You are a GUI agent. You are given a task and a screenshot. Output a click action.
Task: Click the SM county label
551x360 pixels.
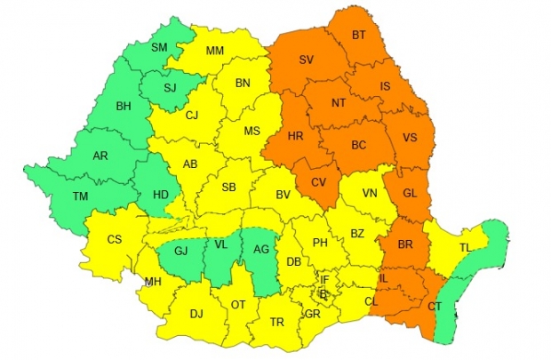[x=160, y=47]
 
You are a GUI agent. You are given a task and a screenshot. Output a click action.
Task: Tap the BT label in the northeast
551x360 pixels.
[x=359, y=35]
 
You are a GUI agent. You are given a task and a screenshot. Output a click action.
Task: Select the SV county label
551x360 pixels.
[x=307, y=60]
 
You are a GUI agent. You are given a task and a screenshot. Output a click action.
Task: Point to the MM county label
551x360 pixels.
[x=215, y=51]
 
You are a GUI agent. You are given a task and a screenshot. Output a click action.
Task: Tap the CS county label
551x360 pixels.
[x=115, y=239]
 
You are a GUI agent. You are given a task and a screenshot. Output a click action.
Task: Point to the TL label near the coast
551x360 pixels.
[x=467, y=248]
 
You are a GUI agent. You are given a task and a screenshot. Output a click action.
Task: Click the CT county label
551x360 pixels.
[x=435, y=307]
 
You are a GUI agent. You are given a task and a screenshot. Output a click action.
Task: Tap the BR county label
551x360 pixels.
[x=405, y=244]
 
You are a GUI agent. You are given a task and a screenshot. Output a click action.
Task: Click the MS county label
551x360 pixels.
[x=252, y=131]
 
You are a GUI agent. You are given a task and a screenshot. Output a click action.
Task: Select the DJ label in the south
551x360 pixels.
[x=196, y=313]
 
